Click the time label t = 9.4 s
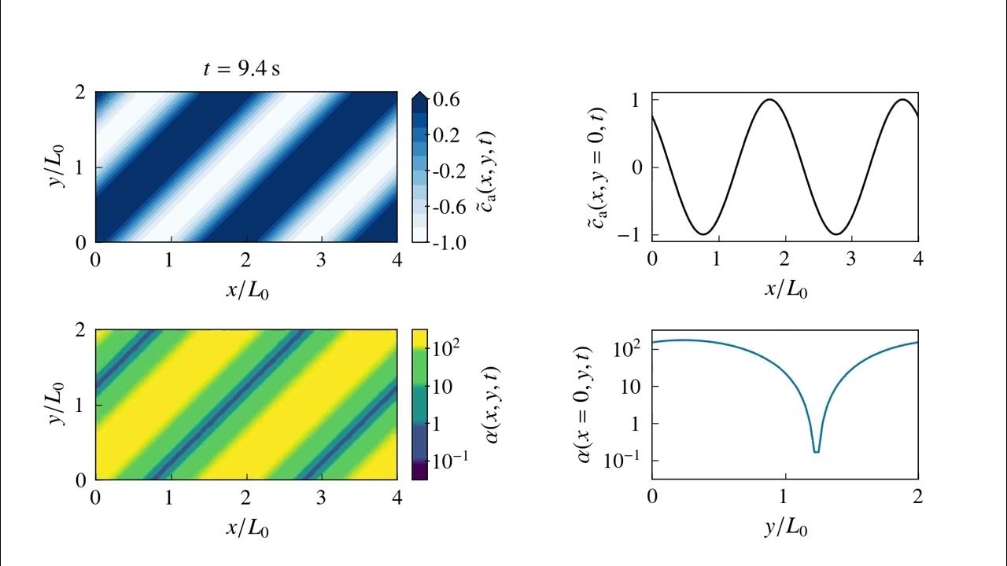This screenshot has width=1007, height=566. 242,68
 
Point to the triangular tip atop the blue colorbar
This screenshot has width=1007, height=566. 419,95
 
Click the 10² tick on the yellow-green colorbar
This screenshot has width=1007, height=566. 449,347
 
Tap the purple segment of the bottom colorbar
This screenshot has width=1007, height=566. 419,470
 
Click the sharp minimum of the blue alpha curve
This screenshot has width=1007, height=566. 817,450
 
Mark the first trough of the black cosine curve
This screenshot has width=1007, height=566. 703,233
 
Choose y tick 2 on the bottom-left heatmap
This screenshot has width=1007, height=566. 81,331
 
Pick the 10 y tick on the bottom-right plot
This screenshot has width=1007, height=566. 629,386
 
